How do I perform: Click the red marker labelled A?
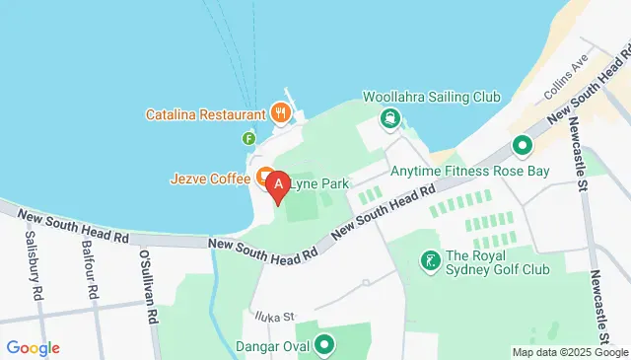tap(278, 183)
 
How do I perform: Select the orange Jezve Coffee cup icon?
tap(265, 178)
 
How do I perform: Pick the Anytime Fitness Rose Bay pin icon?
tap(521, 147)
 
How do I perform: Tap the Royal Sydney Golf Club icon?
tap(431, 260)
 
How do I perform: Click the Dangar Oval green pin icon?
tap(323, 345)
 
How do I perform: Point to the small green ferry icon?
tap(248, 138)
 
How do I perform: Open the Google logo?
tap(33, 347)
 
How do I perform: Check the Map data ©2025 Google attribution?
tap(570, 352)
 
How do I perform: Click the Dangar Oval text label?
tap(272, 346)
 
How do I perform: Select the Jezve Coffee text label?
tap(210, 180)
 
